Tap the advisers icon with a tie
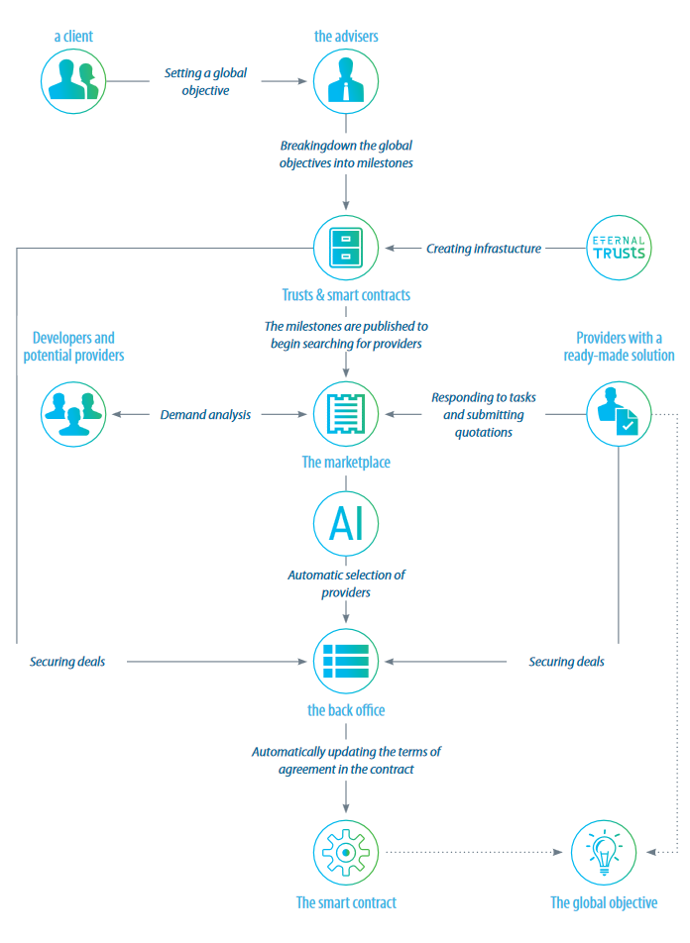[x=346, y=80]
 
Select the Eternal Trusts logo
[x=618, y=250]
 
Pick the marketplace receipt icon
[x=346, y=414]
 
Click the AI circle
[x=346, y=524]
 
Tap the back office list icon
[x=346, y=661]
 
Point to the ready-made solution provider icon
[x=618, y=414]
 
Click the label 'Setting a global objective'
[x=205, y=81]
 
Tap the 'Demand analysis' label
[x=205, y=415]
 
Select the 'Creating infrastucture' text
[x=484, y=249]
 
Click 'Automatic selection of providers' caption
[x=346, y=583]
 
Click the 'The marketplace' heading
[x=346, y=462]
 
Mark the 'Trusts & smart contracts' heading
[x=346, y=294]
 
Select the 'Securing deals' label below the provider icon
[x=566, y=662]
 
